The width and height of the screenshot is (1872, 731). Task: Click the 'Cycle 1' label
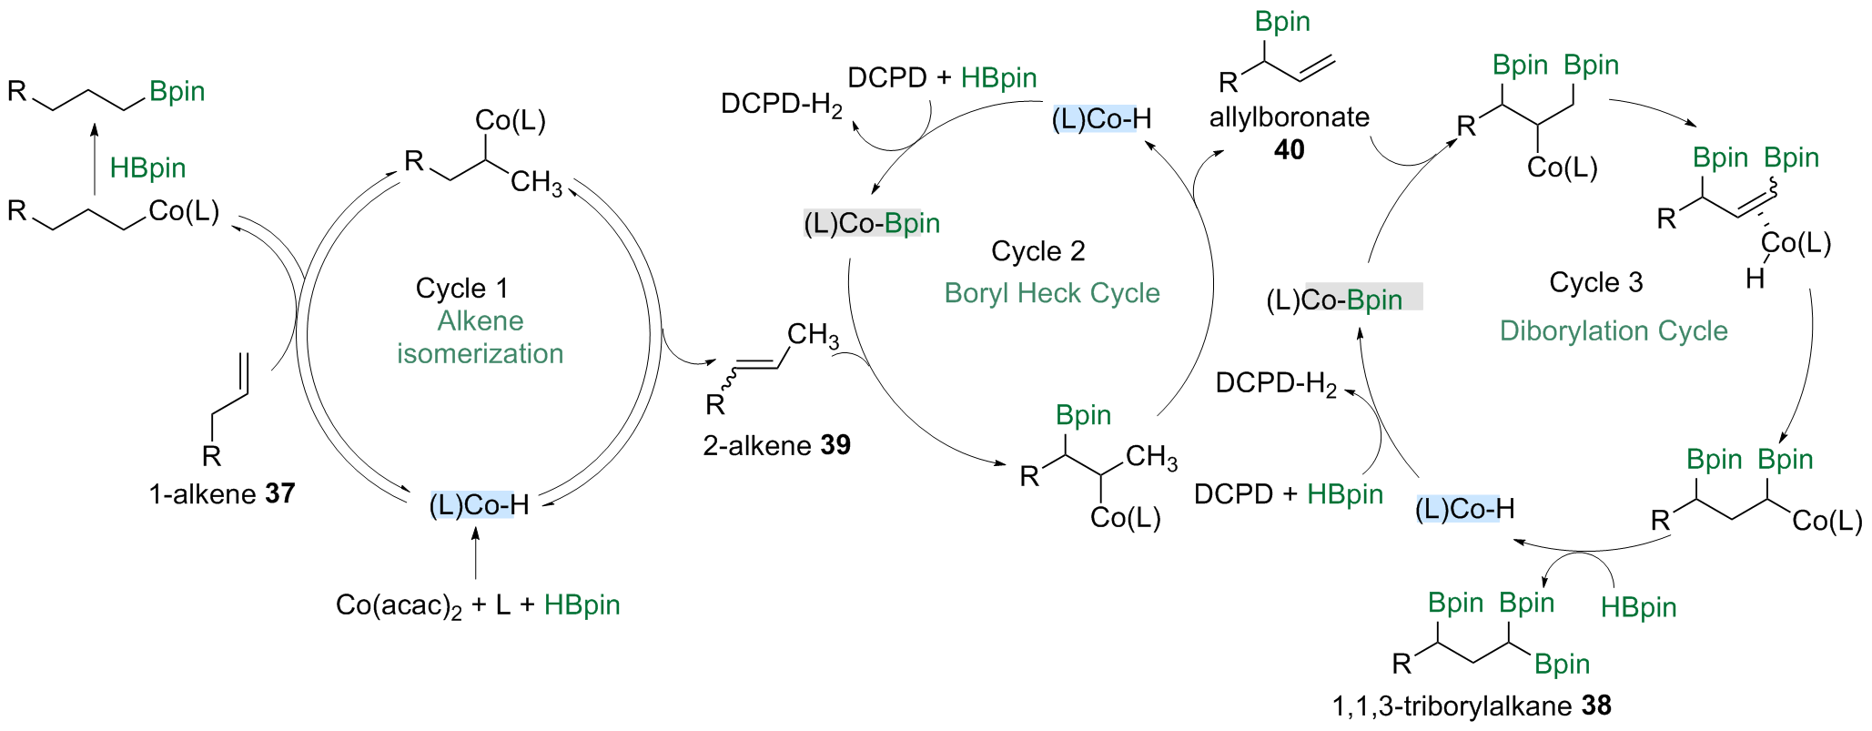pos(461,289)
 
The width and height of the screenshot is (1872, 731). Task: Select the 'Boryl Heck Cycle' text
pos(1051,293)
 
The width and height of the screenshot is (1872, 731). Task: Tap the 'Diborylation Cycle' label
pos(1613,330)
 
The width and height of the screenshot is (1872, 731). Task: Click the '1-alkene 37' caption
pos(222,493)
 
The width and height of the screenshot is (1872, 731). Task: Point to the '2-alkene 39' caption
pos(776,445)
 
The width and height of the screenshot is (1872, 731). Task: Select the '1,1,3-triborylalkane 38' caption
pos(1471,706)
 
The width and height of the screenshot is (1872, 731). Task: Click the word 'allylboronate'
pos(1289,117)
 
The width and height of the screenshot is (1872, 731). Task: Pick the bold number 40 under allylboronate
pos(1289,149)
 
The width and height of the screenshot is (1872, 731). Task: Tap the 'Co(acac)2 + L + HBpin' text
pos(478,605)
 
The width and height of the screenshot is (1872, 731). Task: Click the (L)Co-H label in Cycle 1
pos(479,504)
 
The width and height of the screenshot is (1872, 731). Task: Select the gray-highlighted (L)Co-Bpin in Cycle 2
pos(871,224)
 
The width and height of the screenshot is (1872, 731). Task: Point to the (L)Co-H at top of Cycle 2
pos(1101,119)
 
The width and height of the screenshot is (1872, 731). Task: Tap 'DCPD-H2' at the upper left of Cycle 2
pos(782,105)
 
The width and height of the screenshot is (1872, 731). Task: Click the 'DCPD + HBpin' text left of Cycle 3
pos(1288,494)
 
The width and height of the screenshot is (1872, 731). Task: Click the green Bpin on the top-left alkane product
pos(177,91)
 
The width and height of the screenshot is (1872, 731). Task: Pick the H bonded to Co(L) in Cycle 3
pos(1755,278)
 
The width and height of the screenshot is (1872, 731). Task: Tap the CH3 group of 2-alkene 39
pos(812,335)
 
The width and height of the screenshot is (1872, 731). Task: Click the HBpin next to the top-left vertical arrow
pos(147,168)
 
